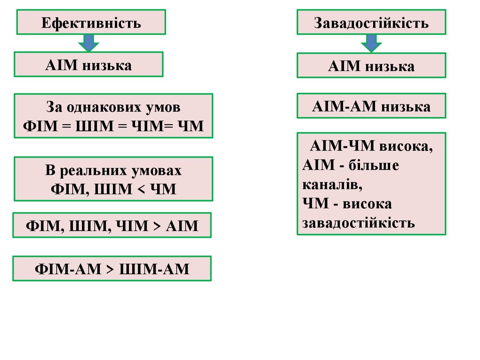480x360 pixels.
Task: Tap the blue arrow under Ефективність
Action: tap(89, 43)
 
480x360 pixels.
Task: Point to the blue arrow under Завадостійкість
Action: tap(371, 43)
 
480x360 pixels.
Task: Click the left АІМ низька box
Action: tap(89, 65)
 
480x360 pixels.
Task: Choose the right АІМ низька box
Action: tap(371, 66)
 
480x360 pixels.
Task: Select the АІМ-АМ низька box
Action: tap(371, 106)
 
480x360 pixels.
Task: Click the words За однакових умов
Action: tap(113, 107)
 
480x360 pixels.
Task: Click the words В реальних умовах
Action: tap(113, 170)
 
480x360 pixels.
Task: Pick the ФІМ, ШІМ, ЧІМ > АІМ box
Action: tap(112, 226)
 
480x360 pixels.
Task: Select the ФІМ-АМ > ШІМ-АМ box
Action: tap(112, 269)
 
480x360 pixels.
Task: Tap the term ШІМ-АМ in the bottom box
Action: tap(155, 269)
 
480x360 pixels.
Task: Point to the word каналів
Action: tap(333, 185)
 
